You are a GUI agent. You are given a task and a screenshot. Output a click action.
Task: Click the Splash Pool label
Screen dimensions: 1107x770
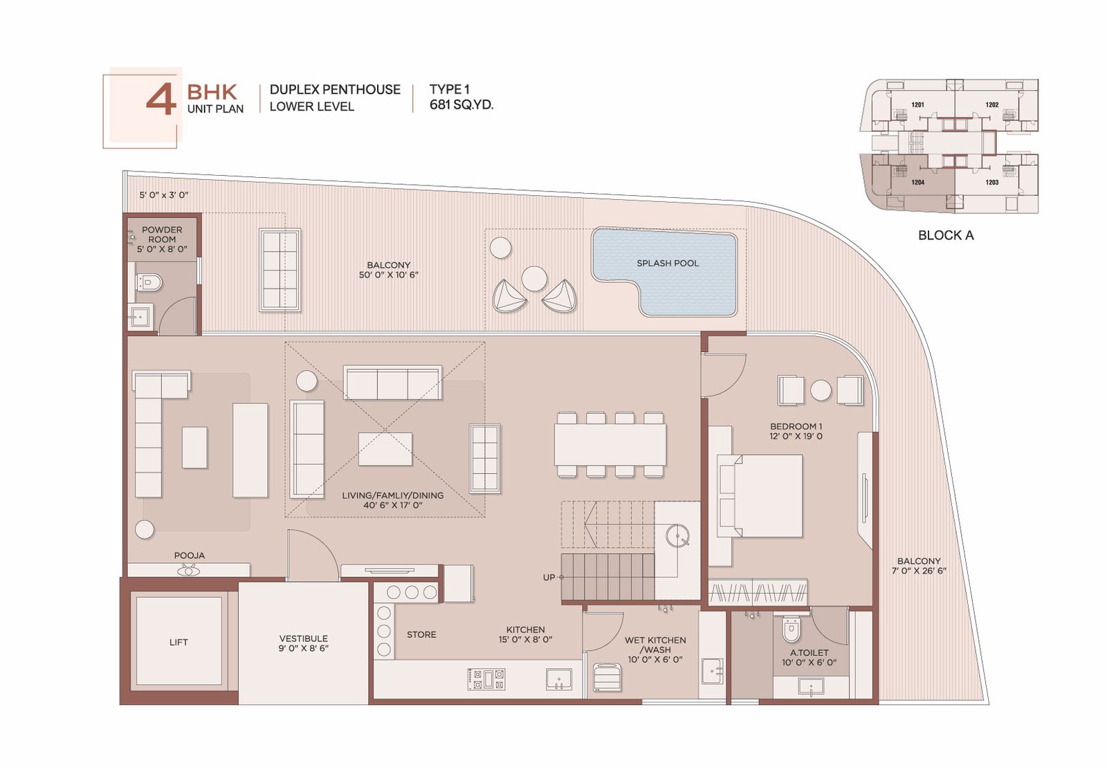point(668,264)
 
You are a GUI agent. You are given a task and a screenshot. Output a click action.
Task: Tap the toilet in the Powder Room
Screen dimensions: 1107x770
point(149,283)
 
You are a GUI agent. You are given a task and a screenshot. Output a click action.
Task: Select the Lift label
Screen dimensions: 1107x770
point(179,642)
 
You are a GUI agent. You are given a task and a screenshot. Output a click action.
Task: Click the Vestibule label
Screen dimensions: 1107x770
point(304,639)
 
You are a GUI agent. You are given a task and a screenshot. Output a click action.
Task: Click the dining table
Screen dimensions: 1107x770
point(610,444)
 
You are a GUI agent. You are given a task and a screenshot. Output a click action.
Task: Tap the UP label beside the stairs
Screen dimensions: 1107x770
point(549,577)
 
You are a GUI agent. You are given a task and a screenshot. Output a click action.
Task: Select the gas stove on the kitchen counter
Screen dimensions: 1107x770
point(486,679)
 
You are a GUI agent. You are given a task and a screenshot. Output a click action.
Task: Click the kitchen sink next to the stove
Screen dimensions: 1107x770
point(559,679)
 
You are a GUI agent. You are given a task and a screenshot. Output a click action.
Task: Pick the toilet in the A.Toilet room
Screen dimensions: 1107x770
point(792,628)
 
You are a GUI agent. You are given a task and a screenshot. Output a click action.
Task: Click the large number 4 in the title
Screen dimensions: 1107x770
point(161,99)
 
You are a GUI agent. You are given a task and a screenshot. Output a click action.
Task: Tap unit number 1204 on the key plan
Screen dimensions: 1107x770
point(917,183)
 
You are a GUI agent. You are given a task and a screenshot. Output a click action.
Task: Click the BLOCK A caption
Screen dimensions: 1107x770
point(946,235)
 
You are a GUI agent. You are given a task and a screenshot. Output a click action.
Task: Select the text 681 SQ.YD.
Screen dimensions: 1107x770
point(461,104)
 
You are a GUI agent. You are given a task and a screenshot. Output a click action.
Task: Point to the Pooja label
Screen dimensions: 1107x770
point(190,556)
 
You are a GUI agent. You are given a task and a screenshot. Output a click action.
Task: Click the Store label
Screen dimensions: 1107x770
point(421,634)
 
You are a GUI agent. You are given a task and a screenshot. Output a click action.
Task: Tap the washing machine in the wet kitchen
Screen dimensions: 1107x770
point(607,677)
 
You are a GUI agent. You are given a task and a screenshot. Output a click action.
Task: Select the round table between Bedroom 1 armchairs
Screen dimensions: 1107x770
point(821,390)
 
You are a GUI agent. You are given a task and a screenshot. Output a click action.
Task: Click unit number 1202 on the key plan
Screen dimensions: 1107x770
point(992,104)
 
